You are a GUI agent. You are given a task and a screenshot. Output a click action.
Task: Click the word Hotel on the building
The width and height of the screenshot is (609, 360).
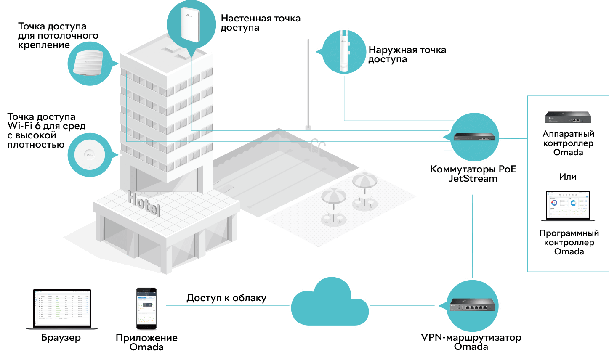144,203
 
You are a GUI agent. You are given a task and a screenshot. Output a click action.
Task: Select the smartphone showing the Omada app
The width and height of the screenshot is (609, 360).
146,308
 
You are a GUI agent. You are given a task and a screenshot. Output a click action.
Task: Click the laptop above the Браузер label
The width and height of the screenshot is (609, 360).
62,309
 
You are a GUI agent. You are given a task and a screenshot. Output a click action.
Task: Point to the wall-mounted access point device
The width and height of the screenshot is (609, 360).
191,24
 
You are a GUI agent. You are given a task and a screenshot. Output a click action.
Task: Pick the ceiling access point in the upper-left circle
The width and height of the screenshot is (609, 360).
88,63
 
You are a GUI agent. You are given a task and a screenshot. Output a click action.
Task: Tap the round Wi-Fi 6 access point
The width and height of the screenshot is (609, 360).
90,155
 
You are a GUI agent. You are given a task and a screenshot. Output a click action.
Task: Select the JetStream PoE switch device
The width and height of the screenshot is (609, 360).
474,137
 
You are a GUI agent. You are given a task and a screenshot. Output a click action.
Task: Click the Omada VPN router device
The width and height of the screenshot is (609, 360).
472,304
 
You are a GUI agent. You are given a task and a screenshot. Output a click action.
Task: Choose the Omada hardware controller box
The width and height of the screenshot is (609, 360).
568,117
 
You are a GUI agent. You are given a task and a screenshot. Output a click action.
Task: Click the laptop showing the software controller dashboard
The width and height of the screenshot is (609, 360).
568,206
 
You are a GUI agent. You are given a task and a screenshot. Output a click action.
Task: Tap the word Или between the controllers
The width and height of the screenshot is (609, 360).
568,177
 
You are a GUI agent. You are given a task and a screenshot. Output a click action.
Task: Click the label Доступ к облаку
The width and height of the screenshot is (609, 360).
226,298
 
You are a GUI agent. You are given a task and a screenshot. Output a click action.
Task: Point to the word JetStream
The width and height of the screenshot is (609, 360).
473,178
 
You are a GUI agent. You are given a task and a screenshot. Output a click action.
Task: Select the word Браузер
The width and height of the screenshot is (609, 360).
61,338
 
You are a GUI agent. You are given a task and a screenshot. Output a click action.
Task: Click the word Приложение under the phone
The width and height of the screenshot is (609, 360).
146,338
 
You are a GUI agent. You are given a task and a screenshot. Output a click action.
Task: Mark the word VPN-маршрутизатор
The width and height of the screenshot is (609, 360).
471,337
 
